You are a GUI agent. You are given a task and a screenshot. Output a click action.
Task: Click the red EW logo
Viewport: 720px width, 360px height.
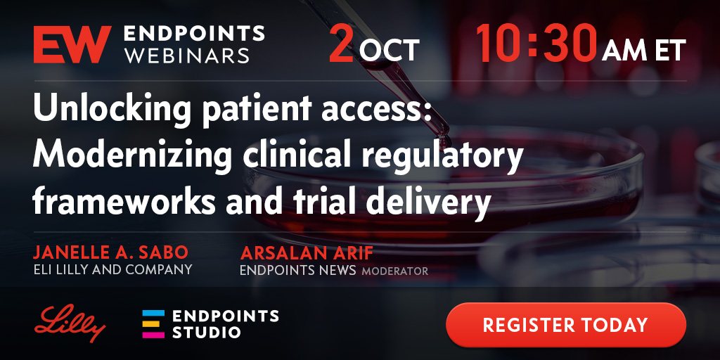coord(72,44)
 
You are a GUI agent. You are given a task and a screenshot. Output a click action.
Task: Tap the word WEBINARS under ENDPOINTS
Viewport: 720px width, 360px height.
coord(187,55)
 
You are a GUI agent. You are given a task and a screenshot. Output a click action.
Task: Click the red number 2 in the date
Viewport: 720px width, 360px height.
coord(341,44)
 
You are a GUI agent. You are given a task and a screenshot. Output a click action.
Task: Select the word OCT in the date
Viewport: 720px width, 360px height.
coord(390,50)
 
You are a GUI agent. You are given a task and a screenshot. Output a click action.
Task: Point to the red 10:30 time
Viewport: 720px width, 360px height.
coord(536,44)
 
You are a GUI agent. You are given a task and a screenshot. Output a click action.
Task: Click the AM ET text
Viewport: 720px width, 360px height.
coord(644,50)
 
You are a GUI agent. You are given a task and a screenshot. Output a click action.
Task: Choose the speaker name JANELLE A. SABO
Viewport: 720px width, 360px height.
coord(110,252)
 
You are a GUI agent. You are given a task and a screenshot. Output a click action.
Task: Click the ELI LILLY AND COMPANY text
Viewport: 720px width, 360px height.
coord(113,269)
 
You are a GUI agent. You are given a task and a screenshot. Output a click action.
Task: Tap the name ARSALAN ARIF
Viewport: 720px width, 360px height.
coord(307,252)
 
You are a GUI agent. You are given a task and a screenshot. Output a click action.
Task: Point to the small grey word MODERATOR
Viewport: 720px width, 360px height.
coord(395,271)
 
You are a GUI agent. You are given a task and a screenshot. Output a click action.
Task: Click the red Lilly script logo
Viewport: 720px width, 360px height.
coord(70,323)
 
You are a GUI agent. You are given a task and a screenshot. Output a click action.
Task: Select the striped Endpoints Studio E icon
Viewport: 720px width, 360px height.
coord(153,324)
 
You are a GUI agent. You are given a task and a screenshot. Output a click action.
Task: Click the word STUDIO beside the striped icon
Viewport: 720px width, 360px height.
coord(207,332)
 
